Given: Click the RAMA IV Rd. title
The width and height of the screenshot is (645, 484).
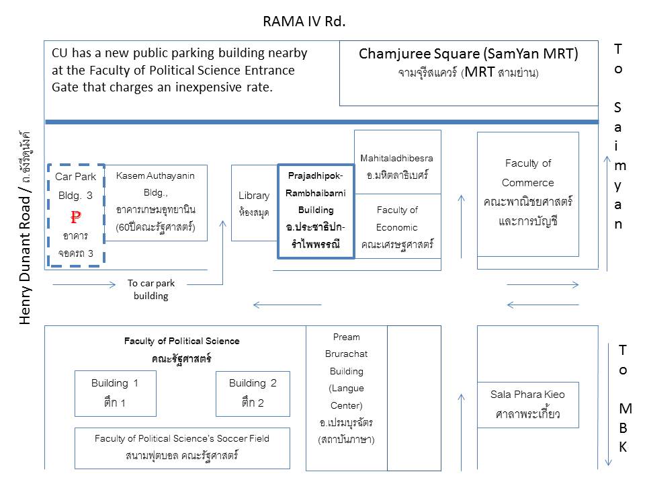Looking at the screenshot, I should coord(304,22).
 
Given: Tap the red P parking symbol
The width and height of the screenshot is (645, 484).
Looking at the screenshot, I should coord(76,217).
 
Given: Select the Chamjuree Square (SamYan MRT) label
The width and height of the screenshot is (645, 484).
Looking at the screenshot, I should coord(468,54).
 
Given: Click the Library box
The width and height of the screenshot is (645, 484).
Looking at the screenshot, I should coord(254,202).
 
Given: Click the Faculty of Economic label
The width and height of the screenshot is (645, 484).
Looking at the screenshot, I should coord(397,227).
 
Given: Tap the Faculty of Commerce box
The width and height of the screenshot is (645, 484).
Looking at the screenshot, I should coord(527,193).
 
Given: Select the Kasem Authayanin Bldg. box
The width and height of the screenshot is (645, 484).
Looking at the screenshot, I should coord(155,202).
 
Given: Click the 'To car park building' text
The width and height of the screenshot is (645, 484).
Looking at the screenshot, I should coord(151,290).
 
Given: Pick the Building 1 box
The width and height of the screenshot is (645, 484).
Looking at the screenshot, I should coord(115,393).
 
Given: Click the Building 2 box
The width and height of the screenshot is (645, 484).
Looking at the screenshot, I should coord(253,393).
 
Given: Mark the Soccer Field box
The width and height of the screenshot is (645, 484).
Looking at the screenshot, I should coord(182,447).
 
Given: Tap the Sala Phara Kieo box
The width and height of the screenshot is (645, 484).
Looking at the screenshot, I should coord(527,405).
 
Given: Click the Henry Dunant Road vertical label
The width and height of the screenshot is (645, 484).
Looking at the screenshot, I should coord(26,229).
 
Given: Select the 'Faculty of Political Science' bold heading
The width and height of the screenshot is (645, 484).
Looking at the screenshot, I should coord(181,341).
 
